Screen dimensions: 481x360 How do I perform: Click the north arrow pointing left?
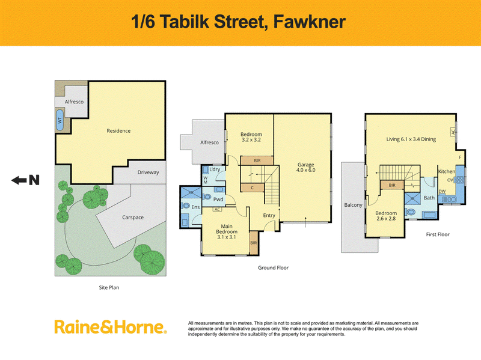point(19,180)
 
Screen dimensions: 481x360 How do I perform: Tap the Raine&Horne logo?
point(111,327)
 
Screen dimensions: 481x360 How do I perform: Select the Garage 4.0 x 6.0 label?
point(305,168)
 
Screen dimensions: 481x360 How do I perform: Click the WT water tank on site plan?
point(60,120)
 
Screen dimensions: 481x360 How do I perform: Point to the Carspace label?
point(133,218)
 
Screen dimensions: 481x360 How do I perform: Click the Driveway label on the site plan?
point(148,172)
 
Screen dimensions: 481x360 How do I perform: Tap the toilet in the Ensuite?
point(185,206)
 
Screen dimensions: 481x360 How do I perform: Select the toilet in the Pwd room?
point(207,197)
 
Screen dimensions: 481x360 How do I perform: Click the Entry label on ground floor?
point(269,216)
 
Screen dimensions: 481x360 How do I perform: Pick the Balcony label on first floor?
point(353,205)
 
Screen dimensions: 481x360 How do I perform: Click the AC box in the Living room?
point(453,132)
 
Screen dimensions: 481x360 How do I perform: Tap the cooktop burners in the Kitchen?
point(460,179)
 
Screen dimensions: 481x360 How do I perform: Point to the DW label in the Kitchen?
point(442,192)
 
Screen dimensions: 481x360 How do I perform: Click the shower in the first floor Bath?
point(412,198)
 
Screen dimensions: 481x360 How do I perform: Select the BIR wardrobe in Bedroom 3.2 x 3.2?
point(257,160)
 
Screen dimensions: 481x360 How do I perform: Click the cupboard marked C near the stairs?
point(252,188)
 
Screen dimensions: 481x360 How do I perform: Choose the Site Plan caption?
point(109,288)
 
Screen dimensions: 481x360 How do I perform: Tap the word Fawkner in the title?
point(309,22)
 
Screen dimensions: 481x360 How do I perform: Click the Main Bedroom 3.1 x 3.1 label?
point(227,231)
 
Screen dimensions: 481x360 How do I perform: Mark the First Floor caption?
point(438,234)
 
